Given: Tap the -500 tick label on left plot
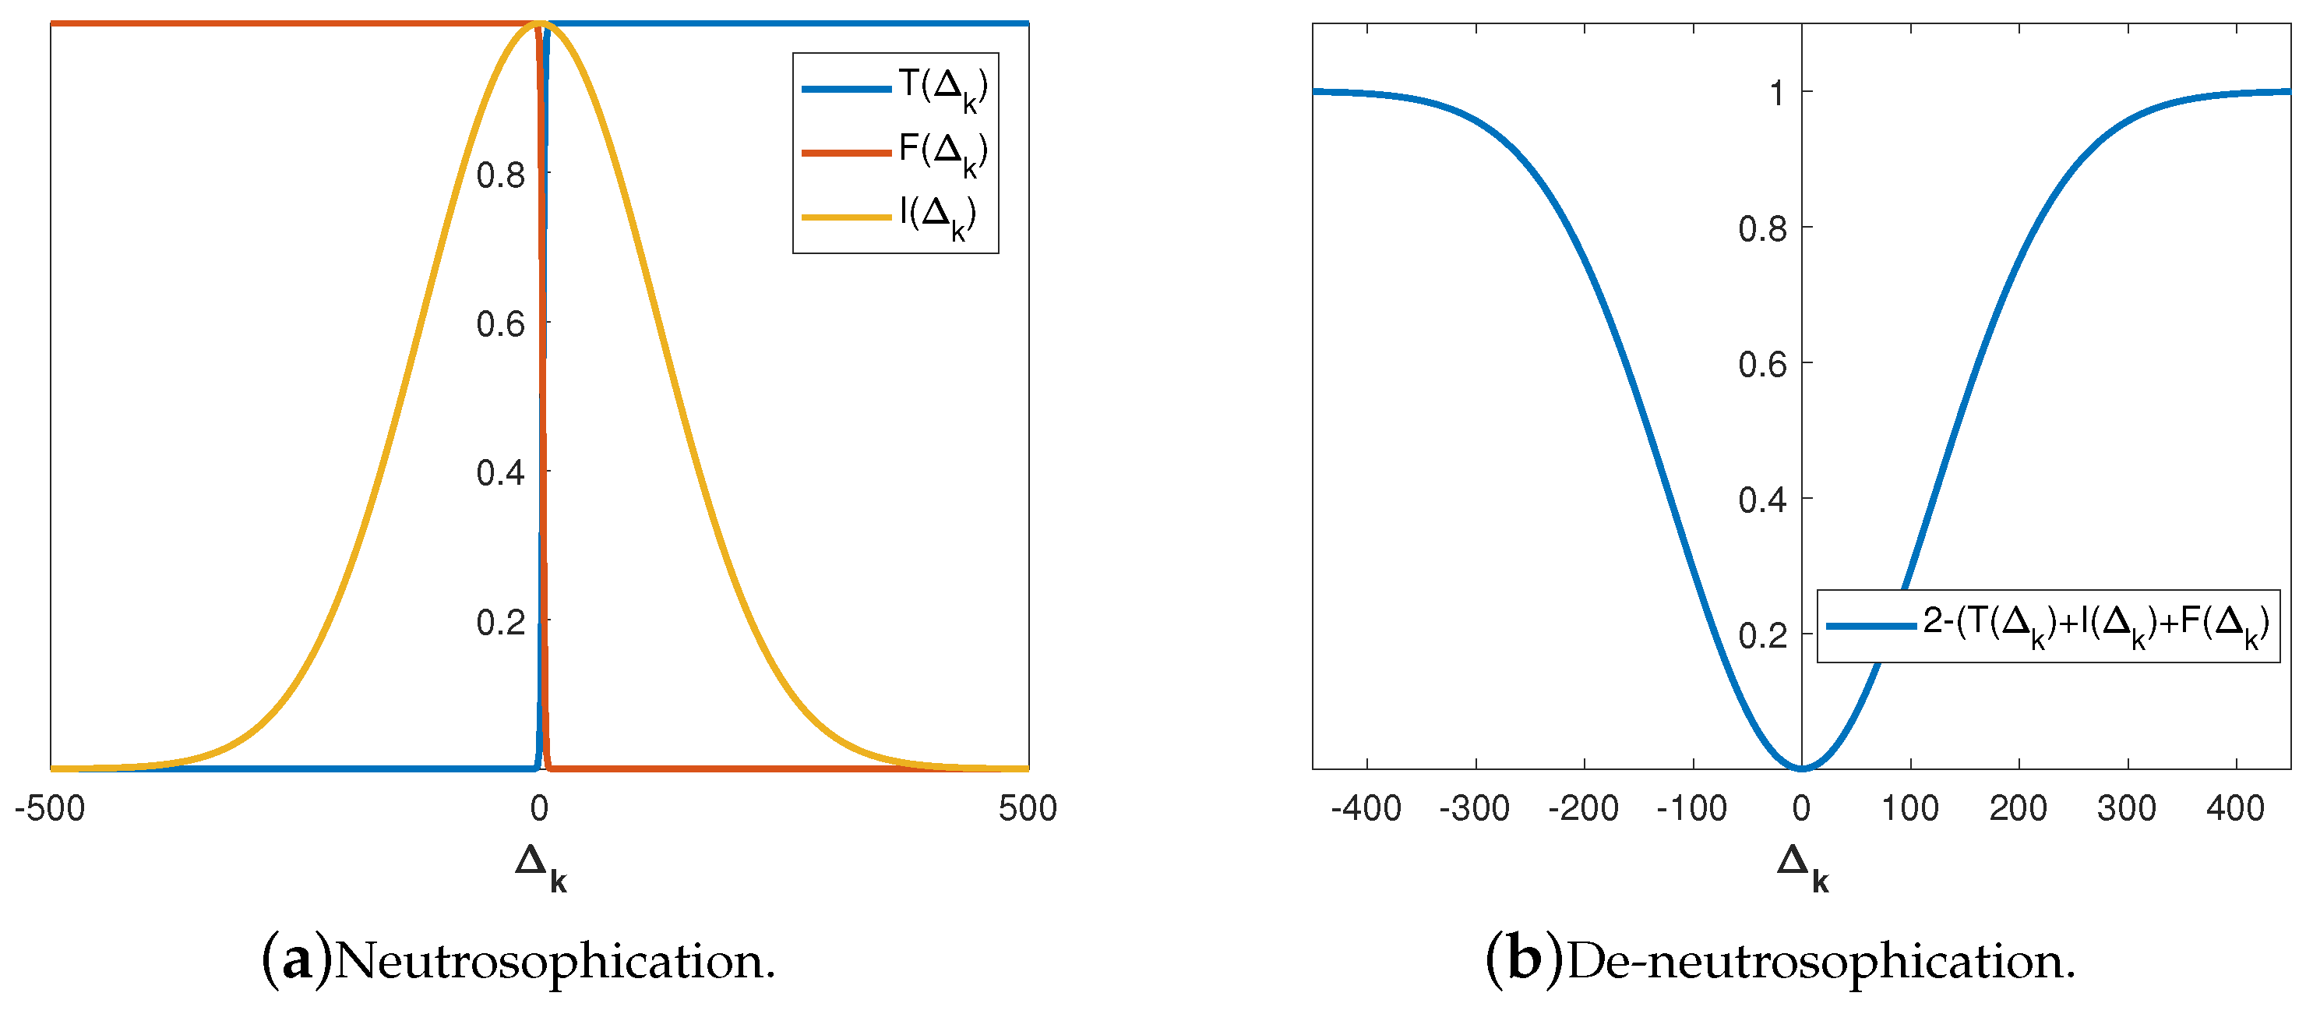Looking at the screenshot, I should (x=49, y=809).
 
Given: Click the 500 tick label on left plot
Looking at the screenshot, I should (x=1028, y=809).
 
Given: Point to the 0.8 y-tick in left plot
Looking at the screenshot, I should (x=500, y=175).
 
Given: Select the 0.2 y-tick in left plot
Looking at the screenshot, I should (x=500, y=621).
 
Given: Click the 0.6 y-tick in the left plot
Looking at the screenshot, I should (x=500, y=324).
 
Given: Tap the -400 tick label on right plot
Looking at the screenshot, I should (x=1366, y=809).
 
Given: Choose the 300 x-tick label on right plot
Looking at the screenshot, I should (x=2126, y=809).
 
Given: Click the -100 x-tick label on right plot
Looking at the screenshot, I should (x=1691, y=809).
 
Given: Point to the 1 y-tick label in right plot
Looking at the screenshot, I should (x=1776, y=94).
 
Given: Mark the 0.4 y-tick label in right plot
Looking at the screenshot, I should (x=1761, y=500).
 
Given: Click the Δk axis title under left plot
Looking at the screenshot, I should (x=541, y=866).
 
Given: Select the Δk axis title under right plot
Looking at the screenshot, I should (x=1802, y=866).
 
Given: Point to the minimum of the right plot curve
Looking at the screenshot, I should (x=1801, y=768).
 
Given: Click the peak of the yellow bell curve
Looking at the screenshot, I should (x=540, y=23).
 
